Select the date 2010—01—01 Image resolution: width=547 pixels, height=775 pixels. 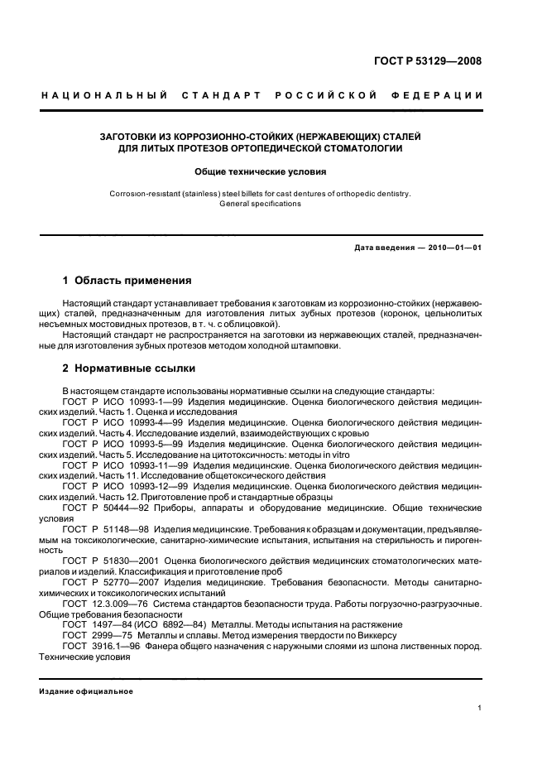point(453,248)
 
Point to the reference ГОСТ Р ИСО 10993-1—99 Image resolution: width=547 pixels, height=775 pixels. point(112,400)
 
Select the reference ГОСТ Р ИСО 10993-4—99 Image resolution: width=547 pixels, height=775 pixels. point(112,421)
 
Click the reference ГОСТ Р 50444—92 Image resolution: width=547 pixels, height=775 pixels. point(97,508)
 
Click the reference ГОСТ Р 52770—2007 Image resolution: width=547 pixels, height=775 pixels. point(102,582)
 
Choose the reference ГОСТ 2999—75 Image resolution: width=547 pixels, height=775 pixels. point(86,635)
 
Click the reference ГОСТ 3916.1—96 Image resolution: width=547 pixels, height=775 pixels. point(89,646)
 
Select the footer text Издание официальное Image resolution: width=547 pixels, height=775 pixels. point(86,691)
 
